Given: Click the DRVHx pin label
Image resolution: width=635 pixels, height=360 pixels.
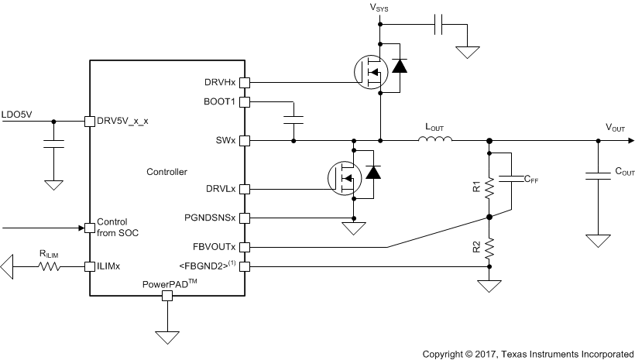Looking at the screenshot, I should (220, 82).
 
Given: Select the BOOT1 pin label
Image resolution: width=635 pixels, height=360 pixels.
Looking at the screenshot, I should (220, 101).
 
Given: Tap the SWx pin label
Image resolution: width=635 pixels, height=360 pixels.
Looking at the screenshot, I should (226, 141).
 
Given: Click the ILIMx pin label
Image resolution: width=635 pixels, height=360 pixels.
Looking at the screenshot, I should (110, 266).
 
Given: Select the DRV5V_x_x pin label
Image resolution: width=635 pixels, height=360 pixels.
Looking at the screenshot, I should (125, 121).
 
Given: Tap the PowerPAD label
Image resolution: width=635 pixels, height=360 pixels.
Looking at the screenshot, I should (166, 283).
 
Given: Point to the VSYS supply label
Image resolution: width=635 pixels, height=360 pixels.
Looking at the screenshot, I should (379, 9).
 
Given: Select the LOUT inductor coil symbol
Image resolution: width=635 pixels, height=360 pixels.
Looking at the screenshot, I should (435, 140).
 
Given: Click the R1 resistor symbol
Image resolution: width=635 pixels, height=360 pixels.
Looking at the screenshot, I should (489, 186).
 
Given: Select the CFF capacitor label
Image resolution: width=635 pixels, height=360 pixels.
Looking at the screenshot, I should (532, 180).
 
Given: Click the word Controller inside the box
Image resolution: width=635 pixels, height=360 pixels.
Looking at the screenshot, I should (166, 171).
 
